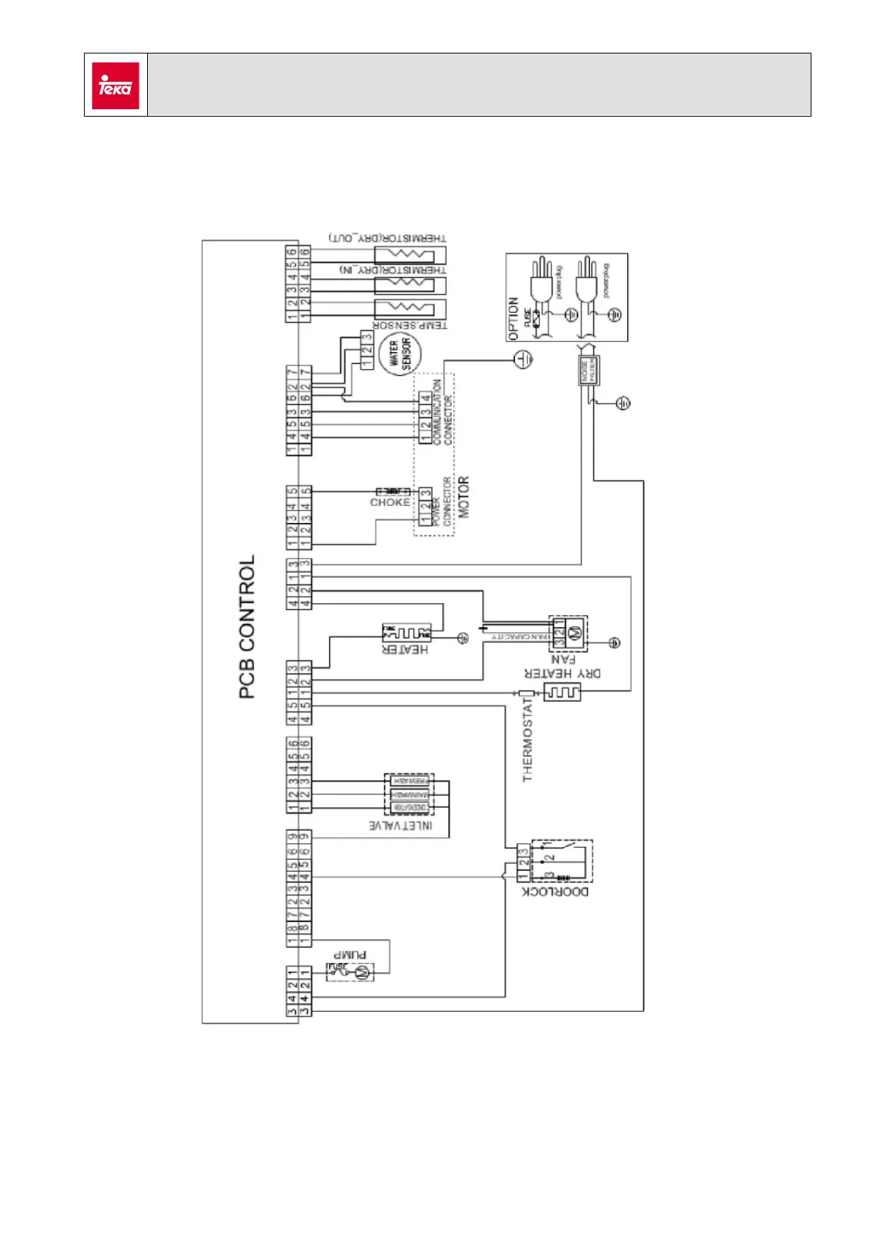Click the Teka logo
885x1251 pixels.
115,85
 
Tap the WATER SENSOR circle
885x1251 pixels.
400,354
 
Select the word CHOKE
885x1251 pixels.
389,503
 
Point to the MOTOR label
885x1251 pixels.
464,497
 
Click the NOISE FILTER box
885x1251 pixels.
589,370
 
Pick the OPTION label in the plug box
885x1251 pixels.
513,319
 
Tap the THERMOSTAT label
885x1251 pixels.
528,740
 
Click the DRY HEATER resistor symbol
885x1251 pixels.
563,692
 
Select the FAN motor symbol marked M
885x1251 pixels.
574,634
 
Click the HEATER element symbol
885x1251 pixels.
406,633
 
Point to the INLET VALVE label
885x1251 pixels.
401,825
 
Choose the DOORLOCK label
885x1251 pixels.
556,891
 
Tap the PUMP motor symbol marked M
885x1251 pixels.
363,972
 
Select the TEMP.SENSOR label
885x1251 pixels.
409,325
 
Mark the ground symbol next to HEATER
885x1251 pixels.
462,638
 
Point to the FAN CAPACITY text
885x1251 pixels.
520,637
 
